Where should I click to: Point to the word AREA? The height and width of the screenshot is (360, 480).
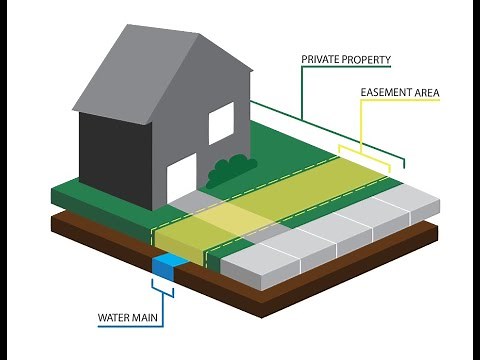pos(427,94)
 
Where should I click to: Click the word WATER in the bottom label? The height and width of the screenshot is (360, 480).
pos(115,321)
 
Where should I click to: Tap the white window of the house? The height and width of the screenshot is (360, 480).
pos(220,123)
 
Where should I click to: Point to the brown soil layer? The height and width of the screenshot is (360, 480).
pos(300,290)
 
